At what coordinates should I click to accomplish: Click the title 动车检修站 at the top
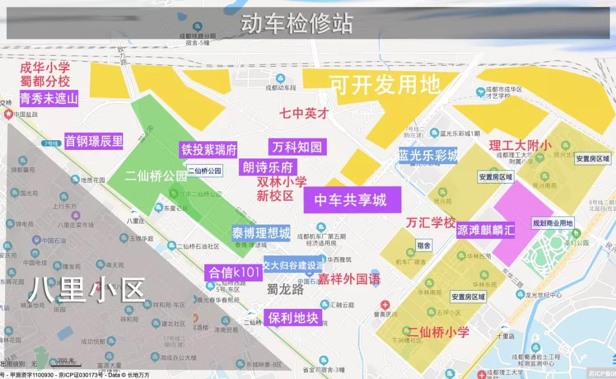coord(297,24)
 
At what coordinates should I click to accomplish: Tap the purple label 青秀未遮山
coord(48,98)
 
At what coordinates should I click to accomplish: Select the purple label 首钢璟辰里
coord(94,141)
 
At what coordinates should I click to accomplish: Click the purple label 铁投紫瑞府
coord(209,150)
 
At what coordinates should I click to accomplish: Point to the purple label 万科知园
coord(297,147)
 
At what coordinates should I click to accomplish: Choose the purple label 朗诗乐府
coord(268,167)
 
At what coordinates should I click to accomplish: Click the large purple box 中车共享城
coord(351,200)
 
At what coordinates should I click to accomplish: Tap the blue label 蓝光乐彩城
coord(428,155)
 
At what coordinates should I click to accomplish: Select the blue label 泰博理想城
coord(261,233)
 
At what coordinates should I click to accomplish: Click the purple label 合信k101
coord(234,272)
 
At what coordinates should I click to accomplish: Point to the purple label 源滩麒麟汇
coord(486,230)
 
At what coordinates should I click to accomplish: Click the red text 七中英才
coord(304,113)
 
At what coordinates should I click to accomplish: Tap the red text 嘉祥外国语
coord(349,279)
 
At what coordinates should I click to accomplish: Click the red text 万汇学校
coord(431,222)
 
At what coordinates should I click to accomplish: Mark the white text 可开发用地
coord(385,85)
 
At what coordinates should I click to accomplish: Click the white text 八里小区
coord(87,290)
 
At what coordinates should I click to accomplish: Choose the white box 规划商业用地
coord(553,223)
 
